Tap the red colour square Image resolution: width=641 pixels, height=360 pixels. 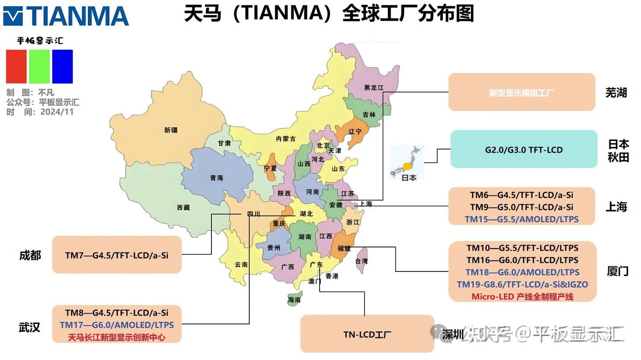[16, 66]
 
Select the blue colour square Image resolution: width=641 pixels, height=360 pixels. [62, 66]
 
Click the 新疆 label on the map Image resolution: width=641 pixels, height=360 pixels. [170, 130]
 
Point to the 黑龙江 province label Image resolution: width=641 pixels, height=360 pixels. [373, 88]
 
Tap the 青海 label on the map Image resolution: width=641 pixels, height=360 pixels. [217, 178]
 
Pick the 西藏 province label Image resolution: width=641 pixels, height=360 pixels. [183, 207]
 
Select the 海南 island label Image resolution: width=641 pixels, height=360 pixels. [294, 300]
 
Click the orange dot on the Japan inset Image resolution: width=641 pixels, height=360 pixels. [406, 167]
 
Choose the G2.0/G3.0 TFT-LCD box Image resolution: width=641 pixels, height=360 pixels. [523, 150]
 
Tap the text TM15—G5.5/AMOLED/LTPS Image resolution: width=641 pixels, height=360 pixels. [522, 219]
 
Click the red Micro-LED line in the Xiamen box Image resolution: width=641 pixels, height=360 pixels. [522, 296]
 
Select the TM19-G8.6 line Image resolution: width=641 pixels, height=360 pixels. [522, 284]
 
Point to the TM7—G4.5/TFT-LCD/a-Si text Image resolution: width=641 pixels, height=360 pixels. [117, 255]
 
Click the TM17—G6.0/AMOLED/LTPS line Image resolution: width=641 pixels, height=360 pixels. [117, 325]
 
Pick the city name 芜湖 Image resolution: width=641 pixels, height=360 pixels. [616, 93]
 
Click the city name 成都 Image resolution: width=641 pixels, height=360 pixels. [30, 255]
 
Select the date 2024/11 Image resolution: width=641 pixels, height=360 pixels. [57, 112]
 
